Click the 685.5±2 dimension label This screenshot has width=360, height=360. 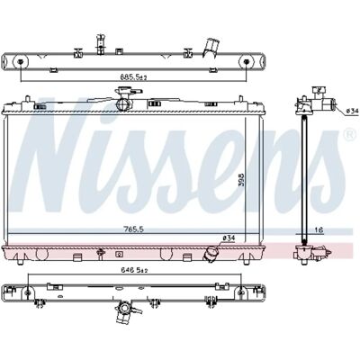pyautogui.click(x=134, y=77)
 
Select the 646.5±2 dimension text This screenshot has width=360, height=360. pyautogui.click(x=134, y=270)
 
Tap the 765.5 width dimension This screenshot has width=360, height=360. pyautogui.click(x=134, y=229)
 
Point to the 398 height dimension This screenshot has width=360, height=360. pyautogui.click(x=242, y=179)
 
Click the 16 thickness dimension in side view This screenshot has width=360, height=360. pyautogui.click(x=319, y=230)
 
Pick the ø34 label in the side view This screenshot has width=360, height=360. pyautogui.click(x=352, y=111)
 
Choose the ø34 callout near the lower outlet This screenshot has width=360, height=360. pyautogui.click(x=229, y=238)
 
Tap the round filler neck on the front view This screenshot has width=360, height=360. pyautogui.click(x=123, y=103)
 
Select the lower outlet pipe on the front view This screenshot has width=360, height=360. pyautogui.click(x=211, y=254)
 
